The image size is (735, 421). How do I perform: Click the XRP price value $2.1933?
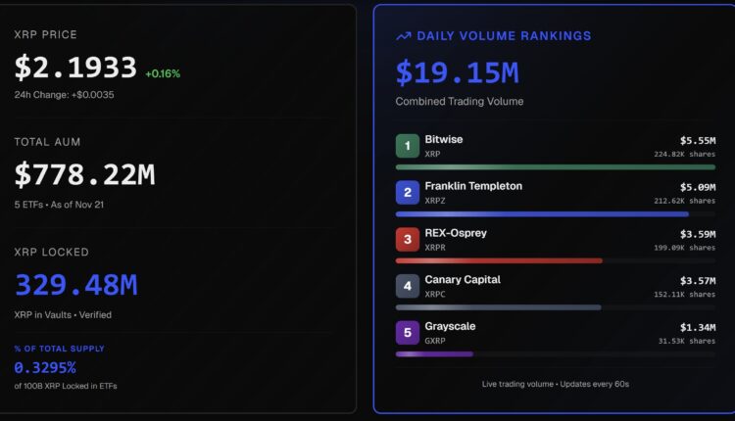pyautogui.click(x=75, y=68)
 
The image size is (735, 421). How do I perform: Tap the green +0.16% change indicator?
pyautogui.click(x=163, y=73)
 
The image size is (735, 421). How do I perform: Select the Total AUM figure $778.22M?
pyautogui.click(x=84, y=175)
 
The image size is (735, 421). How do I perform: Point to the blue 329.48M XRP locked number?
pyautogui.click(x=75, y=285)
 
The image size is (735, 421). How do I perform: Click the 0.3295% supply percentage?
pyautogui.click(x=45, y=367)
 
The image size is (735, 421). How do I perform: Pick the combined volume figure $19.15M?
pyautogui.click(x=457, y=71)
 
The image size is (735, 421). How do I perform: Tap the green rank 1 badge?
pyautogui.click(x=408, y=147)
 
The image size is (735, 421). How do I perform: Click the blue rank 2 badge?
pyautogui.click(x=408, y=193)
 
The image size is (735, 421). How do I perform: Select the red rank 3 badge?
pyautogui.click(x=408, y=240)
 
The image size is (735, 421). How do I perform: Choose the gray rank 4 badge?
pyautogui.click(x=408, y=286)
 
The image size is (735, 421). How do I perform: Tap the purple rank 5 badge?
pyautogui.click(x=408, y=333)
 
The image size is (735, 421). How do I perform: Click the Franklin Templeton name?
pyautogui.click(x=473, y=186)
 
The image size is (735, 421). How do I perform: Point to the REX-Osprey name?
pyautogui.click(x=456, y=233)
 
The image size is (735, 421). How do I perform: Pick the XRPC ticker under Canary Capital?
pyautogui.click(x=437, y=295)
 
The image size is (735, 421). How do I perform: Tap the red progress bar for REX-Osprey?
pyautogui.click(x=498, y=260)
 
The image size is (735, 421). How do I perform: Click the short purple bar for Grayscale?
pyautogui.click(x=434, y=353)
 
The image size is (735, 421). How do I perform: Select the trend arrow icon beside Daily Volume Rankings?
pyautogui.click(x=403, y=36)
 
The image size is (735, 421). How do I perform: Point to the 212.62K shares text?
pyautogui.click(x=684, y=201)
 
